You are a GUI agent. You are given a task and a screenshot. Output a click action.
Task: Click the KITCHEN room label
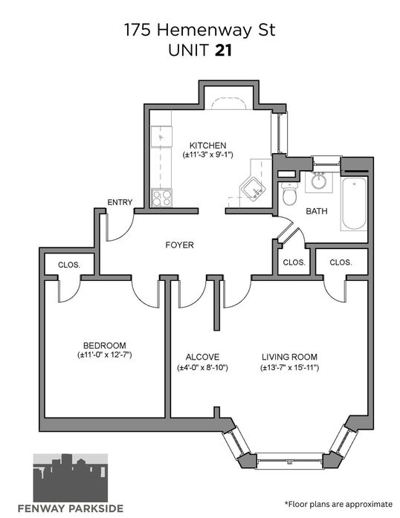(x=207, y=146)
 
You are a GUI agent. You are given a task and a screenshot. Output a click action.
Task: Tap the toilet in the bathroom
(x=289, y=193)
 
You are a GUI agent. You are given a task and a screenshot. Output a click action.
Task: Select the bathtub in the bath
(x=354, y=204)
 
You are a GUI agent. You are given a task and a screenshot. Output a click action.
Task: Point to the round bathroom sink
(x=319, y=181)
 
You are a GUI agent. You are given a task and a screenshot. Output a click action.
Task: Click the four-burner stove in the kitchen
(x=161, y=198)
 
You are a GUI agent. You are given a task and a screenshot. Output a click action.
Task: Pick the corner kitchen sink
(x=253, y=189)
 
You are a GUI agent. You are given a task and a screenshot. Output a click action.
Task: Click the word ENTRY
(x=120, y=202)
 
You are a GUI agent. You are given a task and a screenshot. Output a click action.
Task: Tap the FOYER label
(x=179, y=245)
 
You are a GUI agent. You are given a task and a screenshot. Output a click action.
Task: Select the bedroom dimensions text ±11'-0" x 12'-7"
(x=105, y=355)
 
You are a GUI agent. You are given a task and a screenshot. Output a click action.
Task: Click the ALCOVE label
(x=202, y=357)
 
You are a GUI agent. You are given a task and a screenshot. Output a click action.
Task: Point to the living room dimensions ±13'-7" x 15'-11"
(x=289, y=367)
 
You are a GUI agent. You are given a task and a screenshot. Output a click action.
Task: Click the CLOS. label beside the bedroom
(x=68, y=265)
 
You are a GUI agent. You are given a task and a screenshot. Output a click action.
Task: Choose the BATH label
(x=317, y=211)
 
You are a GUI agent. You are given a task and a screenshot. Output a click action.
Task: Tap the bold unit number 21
(x=224, y=51)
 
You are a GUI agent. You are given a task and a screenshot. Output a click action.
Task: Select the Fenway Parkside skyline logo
(x=71, y=478)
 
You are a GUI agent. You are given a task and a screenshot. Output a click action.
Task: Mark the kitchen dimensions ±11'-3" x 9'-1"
(x=208, y=155)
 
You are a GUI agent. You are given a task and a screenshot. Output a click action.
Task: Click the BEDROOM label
(x=105, y=346)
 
